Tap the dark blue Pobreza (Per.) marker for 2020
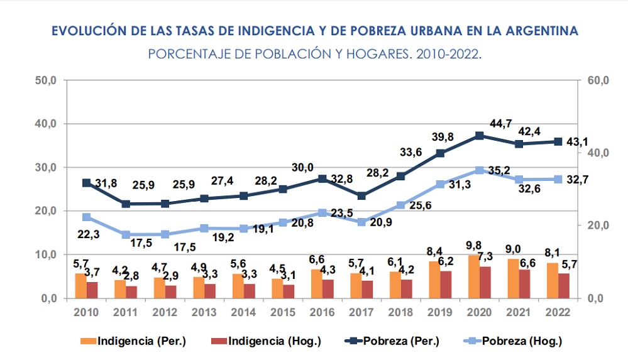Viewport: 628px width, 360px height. [x=479, y=136]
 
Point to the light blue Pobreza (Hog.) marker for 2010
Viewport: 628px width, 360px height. [x=87, y=217]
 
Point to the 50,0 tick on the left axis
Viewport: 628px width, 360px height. [x=47, y=80]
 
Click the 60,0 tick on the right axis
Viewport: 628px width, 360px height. [x=598, y=80]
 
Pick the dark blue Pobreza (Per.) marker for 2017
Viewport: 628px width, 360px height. [x=361, y=196]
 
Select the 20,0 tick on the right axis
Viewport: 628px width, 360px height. [x=598, y=226]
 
